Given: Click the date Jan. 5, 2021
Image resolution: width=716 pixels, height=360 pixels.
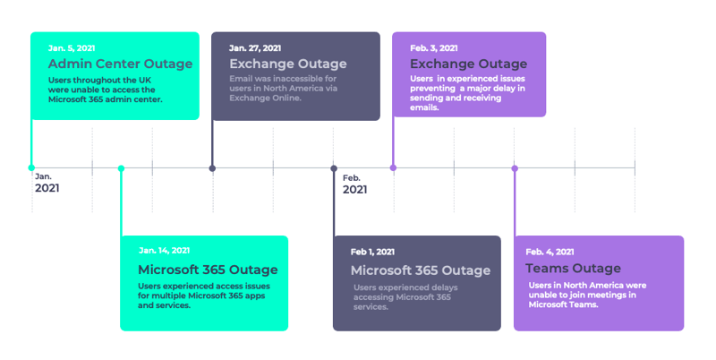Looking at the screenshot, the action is click(72, 48).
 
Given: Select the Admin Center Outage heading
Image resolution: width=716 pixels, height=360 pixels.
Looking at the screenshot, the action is click(121, 64).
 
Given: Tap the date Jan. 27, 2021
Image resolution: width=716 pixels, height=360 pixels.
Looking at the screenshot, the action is click(255, 48).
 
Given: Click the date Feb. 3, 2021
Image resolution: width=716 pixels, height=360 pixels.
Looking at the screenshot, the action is click(434, 48).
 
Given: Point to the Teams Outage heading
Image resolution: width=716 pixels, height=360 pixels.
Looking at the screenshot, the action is click(573, 268).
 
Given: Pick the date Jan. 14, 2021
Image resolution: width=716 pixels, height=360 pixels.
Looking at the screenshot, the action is click(165, 251).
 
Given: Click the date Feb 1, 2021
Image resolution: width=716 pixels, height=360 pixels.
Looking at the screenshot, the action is click(372, 252).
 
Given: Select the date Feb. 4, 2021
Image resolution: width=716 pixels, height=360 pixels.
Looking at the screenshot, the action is click(550, 252).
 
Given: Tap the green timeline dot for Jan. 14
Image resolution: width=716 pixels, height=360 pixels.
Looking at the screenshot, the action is click(121, 168).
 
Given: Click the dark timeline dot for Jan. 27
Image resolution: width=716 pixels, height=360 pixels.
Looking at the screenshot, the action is click(212, 168).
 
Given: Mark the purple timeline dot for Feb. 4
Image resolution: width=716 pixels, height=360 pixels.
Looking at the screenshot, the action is click(515, 168).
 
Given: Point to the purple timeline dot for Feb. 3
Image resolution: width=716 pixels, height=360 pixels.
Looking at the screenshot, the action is click(393, 168).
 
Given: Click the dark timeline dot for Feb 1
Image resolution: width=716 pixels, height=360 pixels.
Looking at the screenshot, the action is click(334, 168).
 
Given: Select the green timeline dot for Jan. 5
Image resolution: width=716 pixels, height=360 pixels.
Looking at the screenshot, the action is click(31, 168).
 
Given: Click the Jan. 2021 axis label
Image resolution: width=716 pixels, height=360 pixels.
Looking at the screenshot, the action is click(47, 183).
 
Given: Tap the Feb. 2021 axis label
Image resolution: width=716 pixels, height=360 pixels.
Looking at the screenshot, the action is click(354, 184).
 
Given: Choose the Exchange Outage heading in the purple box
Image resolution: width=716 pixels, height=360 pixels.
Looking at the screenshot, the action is click(468, 64).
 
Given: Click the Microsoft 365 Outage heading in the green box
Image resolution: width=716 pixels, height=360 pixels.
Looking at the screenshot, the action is click(208, 270).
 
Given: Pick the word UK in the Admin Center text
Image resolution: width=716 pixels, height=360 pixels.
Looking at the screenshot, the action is click(145, 80).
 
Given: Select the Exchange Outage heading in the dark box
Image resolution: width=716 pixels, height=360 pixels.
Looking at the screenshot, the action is click(288, 64).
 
